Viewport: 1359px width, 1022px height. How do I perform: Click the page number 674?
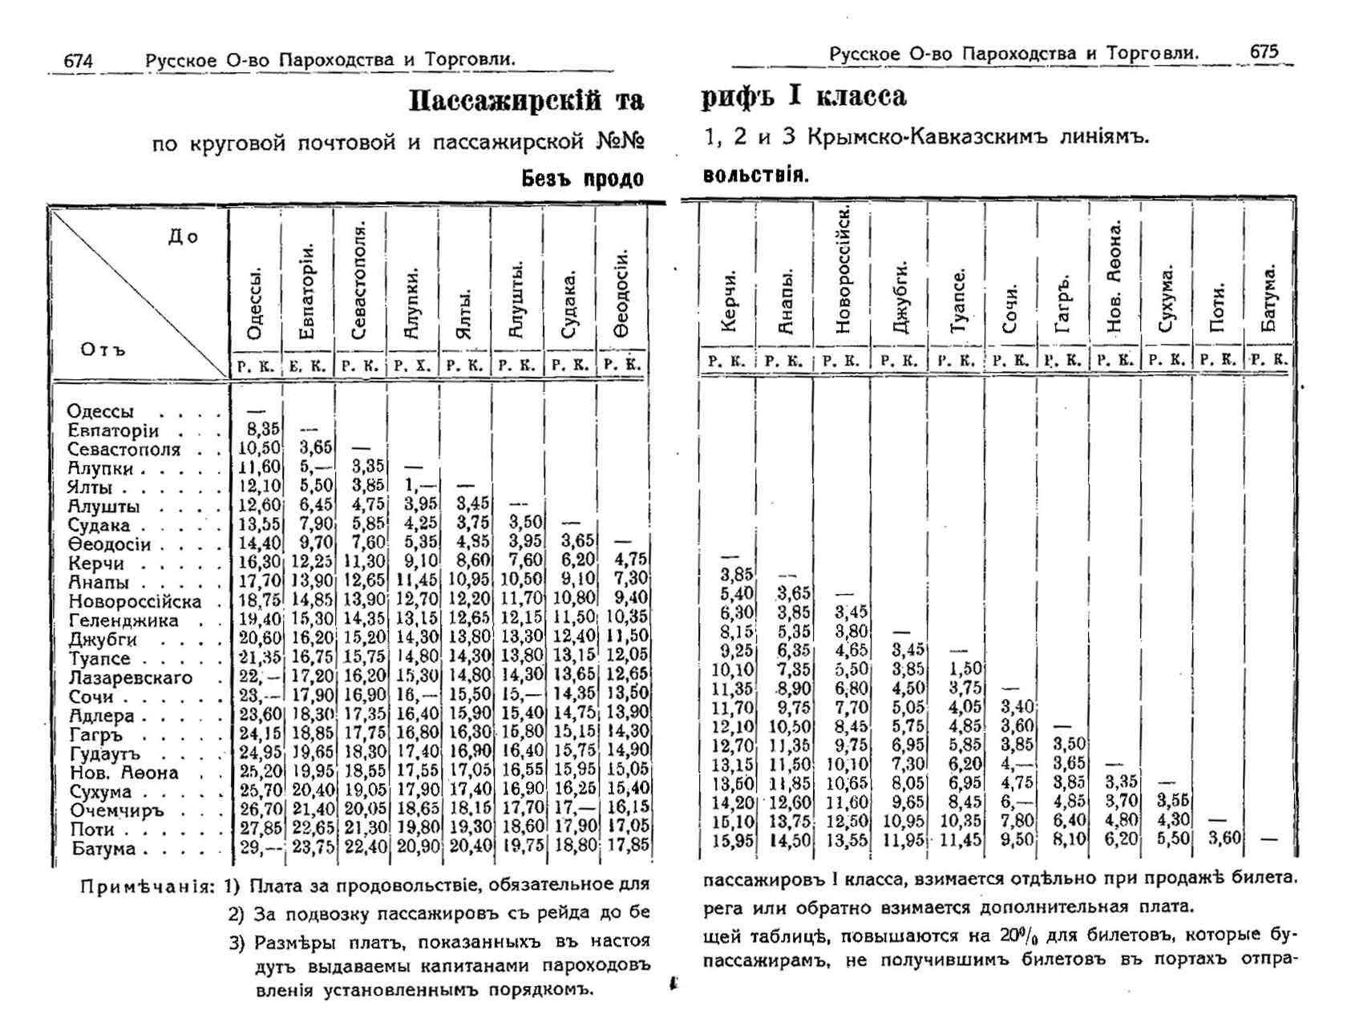79,61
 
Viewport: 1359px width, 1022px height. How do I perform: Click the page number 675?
1264,52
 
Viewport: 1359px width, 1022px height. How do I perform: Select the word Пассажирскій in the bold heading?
505,101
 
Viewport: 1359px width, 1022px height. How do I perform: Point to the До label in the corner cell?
183,236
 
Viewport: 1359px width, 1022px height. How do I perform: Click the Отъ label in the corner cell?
103,349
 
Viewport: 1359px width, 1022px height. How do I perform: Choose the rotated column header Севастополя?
360,281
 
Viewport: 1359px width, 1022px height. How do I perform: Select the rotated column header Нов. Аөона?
1114,277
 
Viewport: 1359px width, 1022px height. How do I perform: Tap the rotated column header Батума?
1268,298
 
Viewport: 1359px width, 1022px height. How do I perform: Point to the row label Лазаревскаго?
131,677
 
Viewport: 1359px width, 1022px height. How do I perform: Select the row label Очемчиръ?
117,810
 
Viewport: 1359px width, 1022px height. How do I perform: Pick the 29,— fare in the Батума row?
260,848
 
